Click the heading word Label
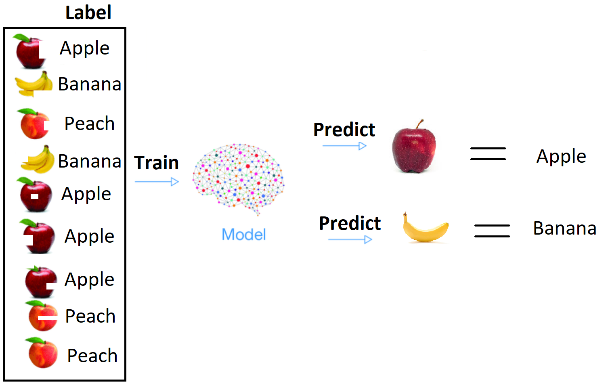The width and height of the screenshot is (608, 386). coord(88,13)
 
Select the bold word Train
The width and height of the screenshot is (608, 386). coord(156,163)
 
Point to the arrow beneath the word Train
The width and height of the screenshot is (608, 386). coord(157,182)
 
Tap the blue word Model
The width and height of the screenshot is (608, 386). coord(244,235)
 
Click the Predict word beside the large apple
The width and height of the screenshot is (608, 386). coord(344,130)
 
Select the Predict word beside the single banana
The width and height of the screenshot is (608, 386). coord(350,223)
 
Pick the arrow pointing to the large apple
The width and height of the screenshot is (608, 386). coord(344,146)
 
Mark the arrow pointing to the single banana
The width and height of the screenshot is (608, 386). coord(350,239)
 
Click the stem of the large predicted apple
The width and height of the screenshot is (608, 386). coord(421,124)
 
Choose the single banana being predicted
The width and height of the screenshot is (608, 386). coord(425,229)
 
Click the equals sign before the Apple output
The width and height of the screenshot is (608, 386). coord(488,154)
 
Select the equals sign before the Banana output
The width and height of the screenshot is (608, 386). coord(492,231)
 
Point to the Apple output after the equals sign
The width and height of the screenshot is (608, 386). coord(561,156)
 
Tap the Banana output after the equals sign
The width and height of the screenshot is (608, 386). coord(564,229)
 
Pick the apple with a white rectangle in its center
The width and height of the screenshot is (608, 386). coord(36,196)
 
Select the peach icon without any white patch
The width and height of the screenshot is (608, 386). coord(42,353)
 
